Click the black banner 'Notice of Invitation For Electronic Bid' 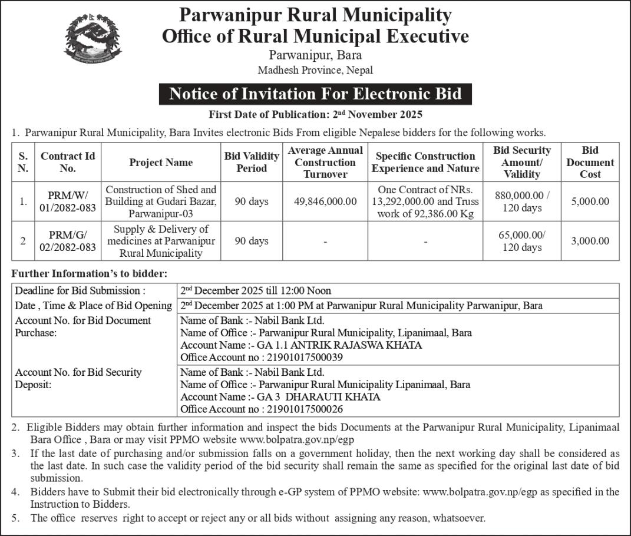(x=315, y=94)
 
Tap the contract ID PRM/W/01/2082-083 (x=68, y=201)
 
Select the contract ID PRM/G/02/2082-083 (x=68, y=241)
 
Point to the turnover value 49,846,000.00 (x=325, y=201)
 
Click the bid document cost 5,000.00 (x=590, y=201)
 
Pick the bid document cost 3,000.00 (x=590, y=241)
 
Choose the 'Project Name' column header (x=161, y=163)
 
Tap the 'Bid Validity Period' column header (x=252, y=163)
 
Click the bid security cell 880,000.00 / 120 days (x=522, y=201)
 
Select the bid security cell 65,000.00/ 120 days (x=522, y=241)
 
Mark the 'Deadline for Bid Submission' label (x=80, y=291)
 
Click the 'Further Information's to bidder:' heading (x=90, y=273)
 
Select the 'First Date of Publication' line (x=315, y=114)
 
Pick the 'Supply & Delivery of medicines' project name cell (x=161, y=241)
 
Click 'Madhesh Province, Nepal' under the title (x=315, y=70)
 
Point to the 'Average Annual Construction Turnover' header (x=325, y=163)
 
